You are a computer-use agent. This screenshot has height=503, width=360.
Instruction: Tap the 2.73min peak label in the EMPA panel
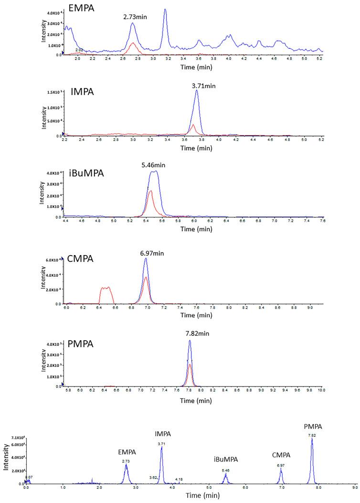click(134, 16)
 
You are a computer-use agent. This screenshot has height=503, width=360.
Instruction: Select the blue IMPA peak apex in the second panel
click(196, 91)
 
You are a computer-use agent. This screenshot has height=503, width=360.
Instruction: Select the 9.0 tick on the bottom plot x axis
click(354, 488)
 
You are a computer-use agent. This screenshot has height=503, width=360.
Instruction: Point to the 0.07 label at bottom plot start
click(29, 477)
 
